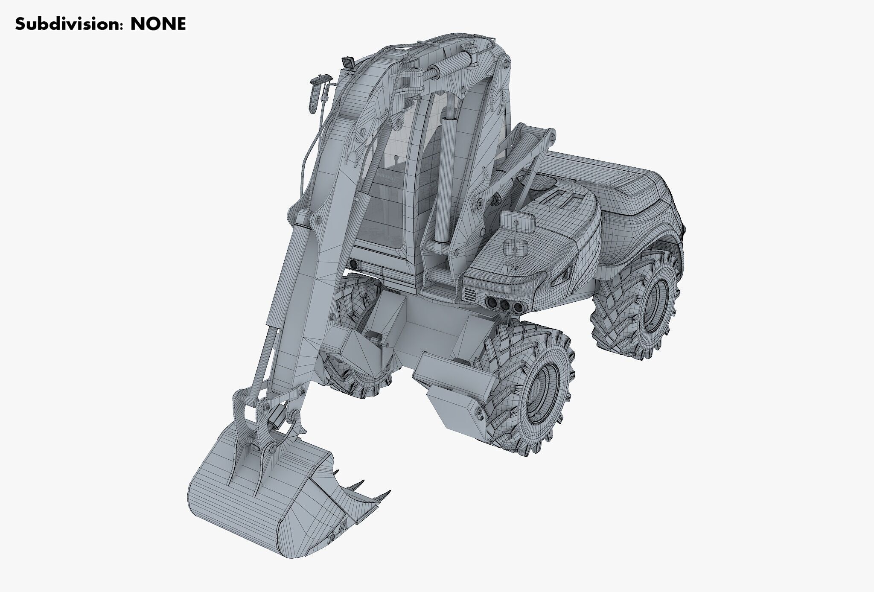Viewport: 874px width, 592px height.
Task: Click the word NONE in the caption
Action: click(158, 24)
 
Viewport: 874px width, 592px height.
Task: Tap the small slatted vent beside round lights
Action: click(469, 294)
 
